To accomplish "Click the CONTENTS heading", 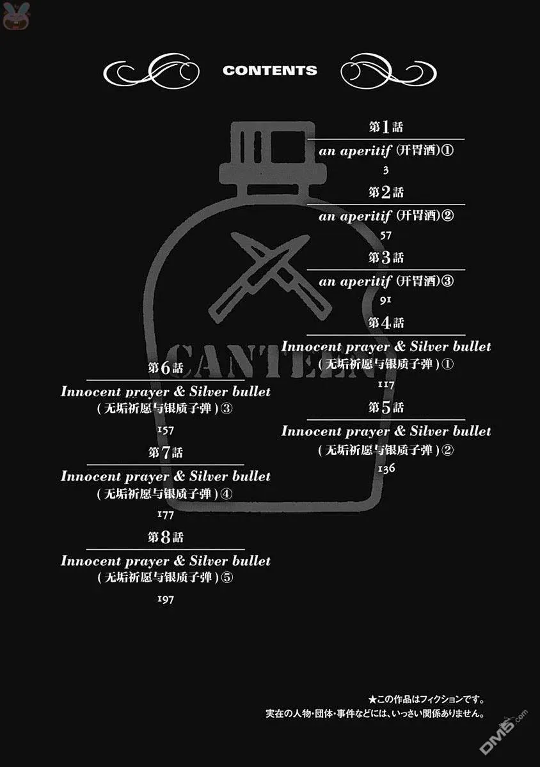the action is coord(270,70).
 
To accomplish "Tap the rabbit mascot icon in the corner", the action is coord(16,15).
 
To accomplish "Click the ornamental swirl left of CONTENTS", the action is coord(152,71).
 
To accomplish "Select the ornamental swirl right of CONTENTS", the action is coord(388,71).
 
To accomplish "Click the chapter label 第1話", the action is coord(386,127).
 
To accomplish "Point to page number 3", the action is coord(386,170).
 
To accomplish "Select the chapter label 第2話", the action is coord(386,192).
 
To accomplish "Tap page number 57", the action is coord(386,235).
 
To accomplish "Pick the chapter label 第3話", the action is coord(386,257).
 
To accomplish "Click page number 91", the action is coord(385,300).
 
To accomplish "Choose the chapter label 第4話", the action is coord(386,323).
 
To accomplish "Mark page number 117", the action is coord(386,385).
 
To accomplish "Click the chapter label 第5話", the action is coord(386,407).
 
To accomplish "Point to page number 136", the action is coord(386,468).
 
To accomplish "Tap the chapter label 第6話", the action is coord(166,368).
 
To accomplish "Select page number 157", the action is coord(166,430).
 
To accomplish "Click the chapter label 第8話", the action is coord(166,538).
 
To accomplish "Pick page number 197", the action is coord(166,599).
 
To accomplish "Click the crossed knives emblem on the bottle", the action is coord(270,277).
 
